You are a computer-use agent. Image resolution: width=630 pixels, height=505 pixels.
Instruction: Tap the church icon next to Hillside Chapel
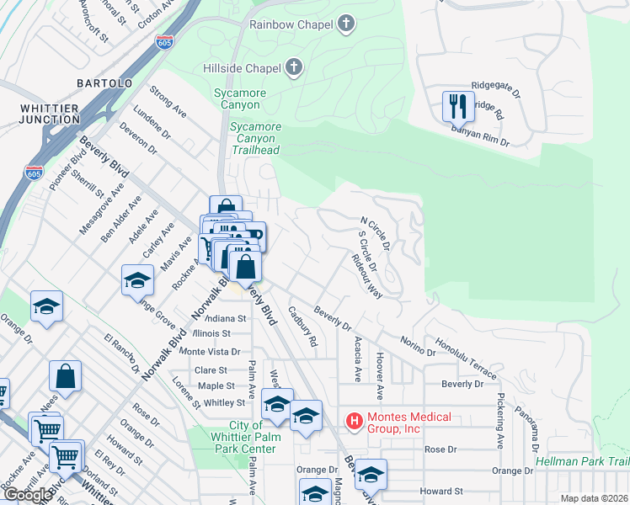tap(293, 67)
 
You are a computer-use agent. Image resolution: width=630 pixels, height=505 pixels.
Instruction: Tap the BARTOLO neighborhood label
tap(104, 84)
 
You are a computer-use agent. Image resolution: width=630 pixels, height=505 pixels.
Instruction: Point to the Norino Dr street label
tap(419, 346)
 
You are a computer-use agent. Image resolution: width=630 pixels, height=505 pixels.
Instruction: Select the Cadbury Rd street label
tap(302, 327)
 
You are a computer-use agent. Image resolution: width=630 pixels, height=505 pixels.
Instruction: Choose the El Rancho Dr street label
tap(121, 353)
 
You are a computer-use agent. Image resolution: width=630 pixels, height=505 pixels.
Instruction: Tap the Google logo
tap(27, 494)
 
